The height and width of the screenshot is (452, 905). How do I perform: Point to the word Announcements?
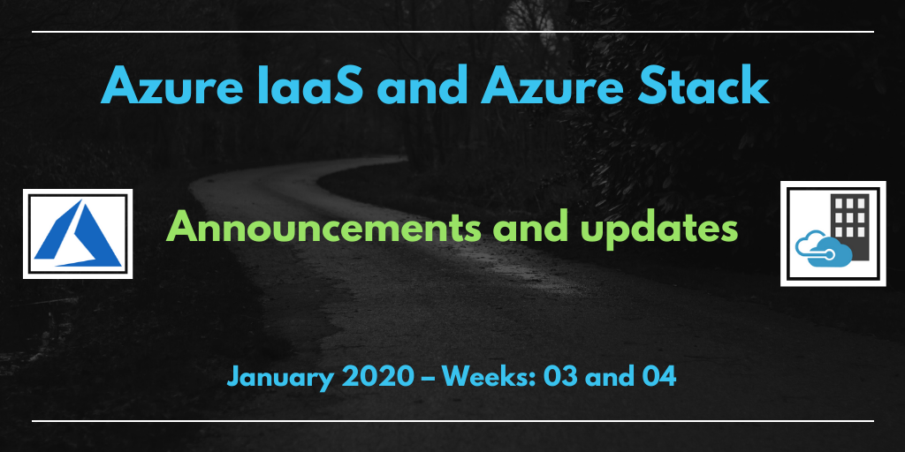click(x=323, y=229)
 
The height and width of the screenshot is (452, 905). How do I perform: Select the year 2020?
click(x=378, y=377)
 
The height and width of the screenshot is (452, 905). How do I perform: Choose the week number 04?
click(x=658, y=377)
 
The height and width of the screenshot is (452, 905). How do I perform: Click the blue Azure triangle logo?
click(x=78, y=233)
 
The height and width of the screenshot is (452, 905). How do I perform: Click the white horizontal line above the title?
click(x=452, y=32)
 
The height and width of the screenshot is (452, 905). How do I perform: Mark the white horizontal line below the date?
click(x=452, y=421)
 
